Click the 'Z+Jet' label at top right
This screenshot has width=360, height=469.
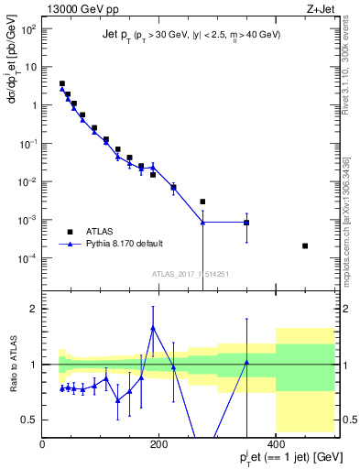(x=320, y=8)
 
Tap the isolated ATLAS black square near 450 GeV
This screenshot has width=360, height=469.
(x=305, y=245)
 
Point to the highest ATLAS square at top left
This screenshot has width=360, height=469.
(x=62, y=83)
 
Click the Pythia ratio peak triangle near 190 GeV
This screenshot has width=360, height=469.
(x=153, y=328)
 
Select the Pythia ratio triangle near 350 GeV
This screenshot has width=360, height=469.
(x=246, y=363)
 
